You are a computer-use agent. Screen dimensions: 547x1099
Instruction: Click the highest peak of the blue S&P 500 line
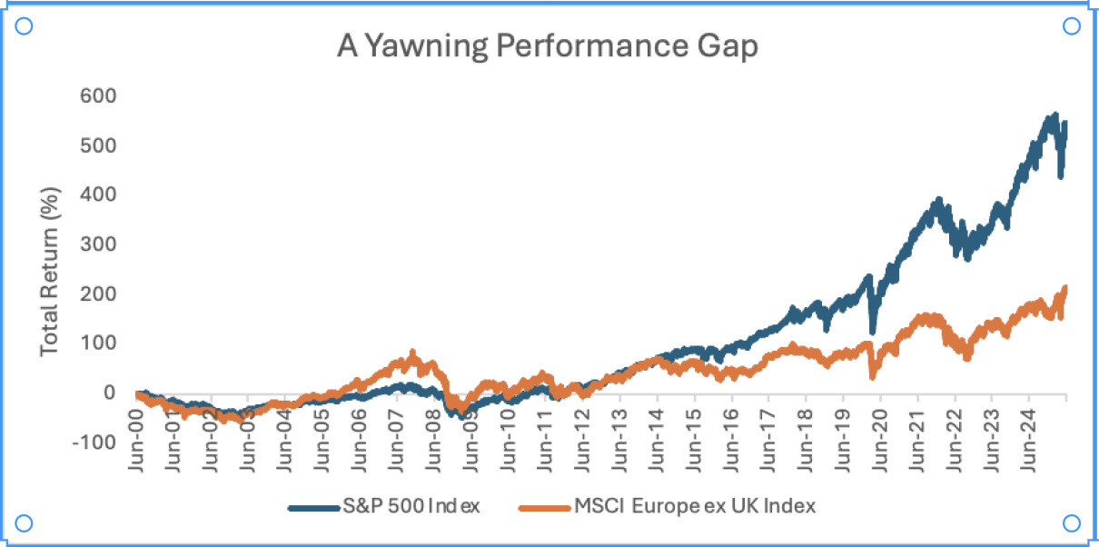click(x=1054, y=115)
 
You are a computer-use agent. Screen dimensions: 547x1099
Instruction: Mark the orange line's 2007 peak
click(x=413, y=352)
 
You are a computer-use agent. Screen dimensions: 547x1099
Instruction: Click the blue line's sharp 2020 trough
click(x=873, y=332)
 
